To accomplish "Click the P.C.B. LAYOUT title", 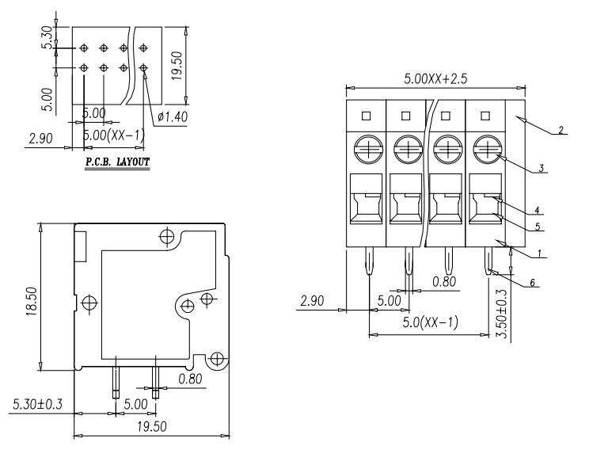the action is (117, 162).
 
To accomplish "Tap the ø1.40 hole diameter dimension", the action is (173, 116).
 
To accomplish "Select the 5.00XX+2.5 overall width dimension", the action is (435, 78).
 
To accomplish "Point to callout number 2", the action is (561, 130).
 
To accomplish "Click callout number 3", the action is (541, 168).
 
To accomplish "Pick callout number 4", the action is (537, 211).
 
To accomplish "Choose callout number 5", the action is (538, 227).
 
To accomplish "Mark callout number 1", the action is (539, 253).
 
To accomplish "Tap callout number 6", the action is (532, 283).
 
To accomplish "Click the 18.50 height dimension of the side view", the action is (32, 301).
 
